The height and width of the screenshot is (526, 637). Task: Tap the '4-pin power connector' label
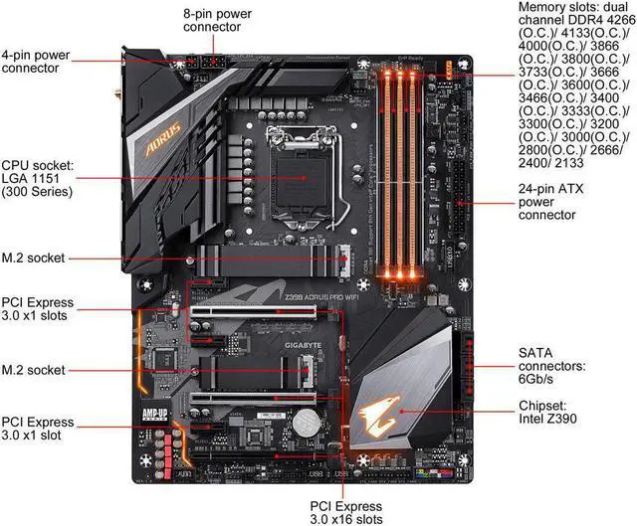click(x=35, y=61)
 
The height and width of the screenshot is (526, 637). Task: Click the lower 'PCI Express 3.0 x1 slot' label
click(x=37, y=430)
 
